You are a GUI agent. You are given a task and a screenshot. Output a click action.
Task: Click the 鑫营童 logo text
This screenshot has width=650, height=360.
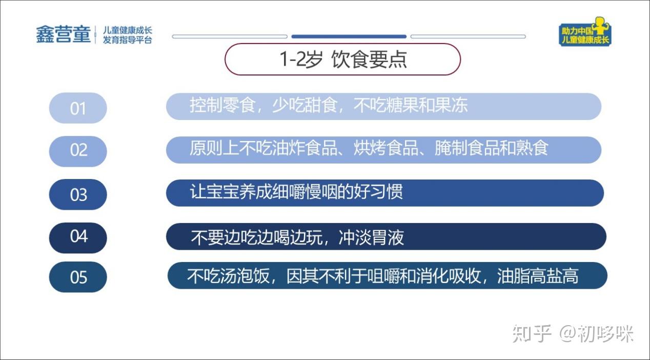pos(64,34)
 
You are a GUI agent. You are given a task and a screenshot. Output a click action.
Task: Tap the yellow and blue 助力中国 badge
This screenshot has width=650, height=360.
pos(585,32)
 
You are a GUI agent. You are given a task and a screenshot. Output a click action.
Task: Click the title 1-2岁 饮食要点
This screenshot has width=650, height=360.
pos(343,59)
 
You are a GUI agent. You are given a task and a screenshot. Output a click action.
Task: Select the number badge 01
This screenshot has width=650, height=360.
pos(78,108)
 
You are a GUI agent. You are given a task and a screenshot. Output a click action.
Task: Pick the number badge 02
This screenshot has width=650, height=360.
pos(78,151)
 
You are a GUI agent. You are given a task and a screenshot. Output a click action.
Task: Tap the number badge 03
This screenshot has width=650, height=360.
pos(78,194)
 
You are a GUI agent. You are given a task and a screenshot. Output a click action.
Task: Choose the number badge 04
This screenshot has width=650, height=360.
pos(78,238)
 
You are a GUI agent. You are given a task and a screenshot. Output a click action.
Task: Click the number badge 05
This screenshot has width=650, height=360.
pos(78,277)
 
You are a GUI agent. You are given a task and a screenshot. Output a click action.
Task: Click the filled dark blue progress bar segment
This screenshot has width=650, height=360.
pos(349,36)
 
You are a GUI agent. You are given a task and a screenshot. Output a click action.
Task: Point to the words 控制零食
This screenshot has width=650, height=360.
pos(222,105)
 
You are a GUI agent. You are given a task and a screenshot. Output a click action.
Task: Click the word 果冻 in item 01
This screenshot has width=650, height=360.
pos(452,105)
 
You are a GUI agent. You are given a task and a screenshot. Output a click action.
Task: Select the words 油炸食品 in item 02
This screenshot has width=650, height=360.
pos(304,148)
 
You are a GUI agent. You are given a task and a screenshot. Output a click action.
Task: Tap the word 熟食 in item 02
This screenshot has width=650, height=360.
pos(532,148)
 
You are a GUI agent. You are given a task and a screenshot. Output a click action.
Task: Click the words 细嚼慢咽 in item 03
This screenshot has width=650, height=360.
pos(304,192)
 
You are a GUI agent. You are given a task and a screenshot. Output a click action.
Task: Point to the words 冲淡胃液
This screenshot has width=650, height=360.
pos(371,238)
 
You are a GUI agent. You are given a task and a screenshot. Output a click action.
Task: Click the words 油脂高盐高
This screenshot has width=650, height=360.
pos(538,276)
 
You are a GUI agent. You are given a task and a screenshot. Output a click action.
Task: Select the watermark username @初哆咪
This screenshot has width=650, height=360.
pos(597,333)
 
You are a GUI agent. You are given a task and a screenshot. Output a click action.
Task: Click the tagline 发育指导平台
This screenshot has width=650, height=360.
pos(127,40)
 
